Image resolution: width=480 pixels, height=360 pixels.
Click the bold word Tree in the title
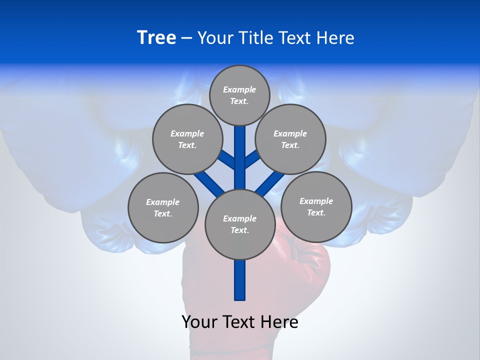pyautogui.click(x=156, y=38)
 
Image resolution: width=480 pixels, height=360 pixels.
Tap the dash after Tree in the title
pyautogui.click(x=186, y=38)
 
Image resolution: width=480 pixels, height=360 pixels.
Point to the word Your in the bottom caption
pyautogui.click(x=199, y=322)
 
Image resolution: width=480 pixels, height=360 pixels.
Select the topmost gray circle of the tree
pyautogui.click(x=239, y=95)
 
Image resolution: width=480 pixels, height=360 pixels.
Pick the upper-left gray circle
pyautogui.click(x=187, y=139)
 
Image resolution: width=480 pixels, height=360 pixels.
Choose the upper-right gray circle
pyautogui.click(x=290, y=139)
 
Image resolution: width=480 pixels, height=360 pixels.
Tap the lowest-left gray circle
pyautogui.click(x=163, y=207)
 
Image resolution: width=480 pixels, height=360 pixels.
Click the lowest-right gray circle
pyautogui.click(x=316, y=206)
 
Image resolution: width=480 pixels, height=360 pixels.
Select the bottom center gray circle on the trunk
pyautogui.click(x=240, y=224)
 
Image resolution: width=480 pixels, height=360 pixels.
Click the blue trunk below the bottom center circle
pyautogui.click(x=240, y=280)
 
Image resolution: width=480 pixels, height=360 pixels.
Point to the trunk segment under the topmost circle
pyautogui.click(x=240, y=150)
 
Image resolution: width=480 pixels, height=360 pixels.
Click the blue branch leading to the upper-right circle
pyautogui.click(x=252, y=159)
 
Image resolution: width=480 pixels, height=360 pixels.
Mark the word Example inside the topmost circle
pyautogui.click(x=239, y=90)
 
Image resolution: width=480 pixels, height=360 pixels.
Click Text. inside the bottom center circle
pyautogui.click(x=240, y=230)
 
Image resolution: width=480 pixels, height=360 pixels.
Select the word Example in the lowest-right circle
pyautogui.click(x=316, y=201)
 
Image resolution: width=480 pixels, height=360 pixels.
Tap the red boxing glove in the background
pyautogui.click(x=305, y=265)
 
